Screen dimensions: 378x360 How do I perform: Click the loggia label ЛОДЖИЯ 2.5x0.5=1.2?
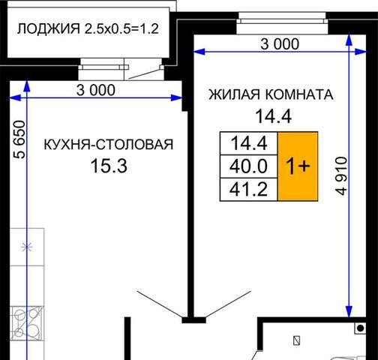pyautogui.click(x=88, y=28)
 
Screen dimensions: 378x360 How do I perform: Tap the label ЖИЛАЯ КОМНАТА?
pyautogui.click(x=271, y=94)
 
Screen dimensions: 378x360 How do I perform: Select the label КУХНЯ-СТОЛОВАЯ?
pyautogui.click(x=109, y=145)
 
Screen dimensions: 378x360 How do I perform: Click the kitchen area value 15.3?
pyautogui.click(x=109, y=166)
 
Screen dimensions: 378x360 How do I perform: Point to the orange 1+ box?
pyautogui.click(x=298, y=166)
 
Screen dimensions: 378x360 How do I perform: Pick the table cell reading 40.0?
pyautogui.click(x=248, y=166)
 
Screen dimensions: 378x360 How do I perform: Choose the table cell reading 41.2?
pyautogui.click(x=248, y=189)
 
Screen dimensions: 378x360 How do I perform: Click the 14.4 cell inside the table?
pyautogui.click(x=249, y=143)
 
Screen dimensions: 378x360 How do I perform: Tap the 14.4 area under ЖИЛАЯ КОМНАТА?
pyautogui.click(x=273, y=116)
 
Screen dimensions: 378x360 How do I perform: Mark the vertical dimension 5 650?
pyautogui.click(x=19, y=139)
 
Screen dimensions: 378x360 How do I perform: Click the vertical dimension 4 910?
pyautogui.click(x=342, y=175)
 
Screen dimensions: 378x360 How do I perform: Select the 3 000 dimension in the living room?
pyautogui.click(x=280, y=44)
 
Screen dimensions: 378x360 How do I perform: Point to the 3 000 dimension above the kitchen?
pyautogui.click(x=96, y=90)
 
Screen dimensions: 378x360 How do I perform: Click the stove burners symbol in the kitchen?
pyautogui.click(x=27, y=323)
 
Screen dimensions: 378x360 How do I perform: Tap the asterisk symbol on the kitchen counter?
pyautogui.click(x=26, y=247)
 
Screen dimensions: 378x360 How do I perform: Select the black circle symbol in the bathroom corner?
pyautogui.click(x=361, y=328)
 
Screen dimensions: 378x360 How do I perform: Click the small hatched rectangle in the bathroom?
pyautogui.click(x=297, y=340)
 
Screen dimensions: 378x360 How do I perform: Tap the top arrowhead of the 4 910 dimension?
pyautogui.click(x=349, y=40)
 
